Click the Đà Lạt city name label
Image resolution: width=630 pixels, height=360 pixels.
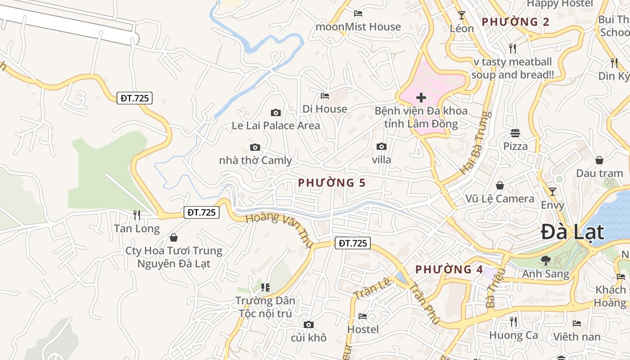coord(572,232)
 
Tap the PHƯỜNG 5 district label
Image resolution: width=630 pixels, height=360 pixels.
coord(332,183)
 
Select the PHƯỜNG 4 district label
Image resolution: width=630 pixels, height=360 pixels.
coord(449,270)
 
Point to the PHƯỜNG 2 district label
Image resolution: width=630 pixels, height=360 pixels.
coord(515,22)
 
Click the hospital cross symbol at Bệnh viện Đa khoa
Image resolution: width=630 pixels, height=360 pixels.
coord(421,97)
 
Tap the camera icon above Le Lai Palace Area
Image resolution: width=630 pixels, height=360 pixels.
coord(276,112)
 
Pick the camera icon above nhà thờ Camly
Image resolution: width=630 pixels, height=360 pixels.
coord(255,147)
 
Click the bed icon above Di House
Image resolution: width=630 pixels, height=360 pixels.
coord(325,95)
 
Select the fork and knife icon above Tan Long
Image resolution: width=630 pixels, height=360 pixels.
coord(137,215)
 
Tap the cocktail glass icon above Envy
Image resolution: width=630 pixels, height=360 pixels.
coord(553,191)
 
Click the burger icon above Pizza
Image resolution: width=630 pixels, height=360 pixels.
coord(515,133)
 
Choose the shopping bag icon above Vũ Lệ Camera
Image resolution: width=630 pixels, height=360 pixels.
coord(499,185)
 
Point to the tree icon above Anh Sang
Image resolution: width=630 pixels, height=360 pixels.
coord(545,260)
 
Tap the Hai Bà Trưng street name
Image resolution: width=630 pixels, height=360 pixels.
coord(475,143)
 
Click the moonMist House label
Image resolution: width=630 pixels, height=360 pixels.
coord(358,27)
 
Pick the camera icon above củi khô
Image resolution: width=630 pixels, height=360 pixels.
coord(308,324)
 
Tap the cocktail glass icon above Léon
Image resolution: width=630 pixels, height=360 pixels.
coord(462,15)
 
